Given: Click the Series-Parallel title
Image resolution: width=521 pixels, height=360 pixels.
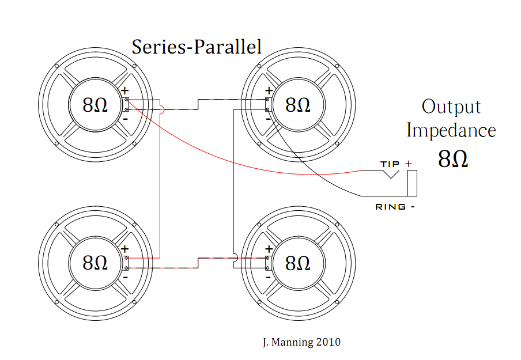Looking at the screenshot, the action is point(197,47).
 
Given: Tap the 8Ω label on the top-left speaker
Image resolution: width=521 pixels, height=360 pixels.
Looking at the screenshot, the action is point(95,105).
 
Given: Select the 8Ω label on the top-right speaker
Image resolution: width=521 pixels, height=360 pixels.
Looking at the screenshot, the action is point(298,105).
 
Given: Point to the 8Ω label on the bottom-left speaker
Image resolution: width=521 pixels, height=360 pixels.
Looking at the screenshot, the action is point(95,263).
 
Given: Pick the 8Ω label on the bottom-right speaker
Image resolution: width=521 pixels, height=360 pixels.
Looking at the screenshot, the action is point(298,263).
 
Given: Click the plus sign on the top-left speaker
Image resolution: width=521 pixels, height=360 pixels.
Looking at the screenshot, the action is point(124,90).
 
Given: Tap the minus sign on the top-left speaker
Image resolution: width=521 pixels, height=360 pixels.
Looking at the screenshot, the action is point(125,119).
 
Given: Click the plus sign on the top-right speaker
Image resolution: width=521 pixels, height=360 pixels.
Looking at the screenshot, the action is point(269,90).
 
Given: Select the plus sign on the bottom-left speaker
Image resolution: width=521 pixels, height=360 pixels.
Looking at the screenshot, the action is point(124,249).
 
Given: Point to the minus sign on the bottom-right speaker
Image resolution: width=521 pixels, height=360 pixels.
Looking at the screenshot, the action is point(269,277).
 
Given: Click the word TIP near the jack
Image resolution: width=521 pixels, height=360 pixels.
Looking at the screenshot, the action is point(390,164).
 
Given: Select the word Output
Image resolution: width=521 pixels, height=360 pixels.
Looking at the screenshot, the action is point(451,107).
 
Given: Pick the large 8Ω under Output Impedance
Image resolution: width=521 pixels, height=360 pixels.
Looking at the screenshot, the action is point(453,158).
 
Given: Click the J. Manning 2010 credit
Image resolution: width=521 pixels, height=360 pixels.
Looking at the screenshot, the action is point(301,342).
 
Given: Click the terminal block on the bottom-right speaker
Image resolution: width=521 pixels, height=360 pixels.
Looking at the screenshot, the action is point(267,263).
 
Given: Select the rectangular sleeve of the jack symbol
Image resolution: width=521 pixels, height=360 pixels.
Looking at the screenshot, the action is point(412,183).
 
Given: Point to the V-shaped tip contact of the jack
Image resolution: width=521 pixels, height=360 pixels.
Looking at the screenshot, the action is point(390,174).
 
